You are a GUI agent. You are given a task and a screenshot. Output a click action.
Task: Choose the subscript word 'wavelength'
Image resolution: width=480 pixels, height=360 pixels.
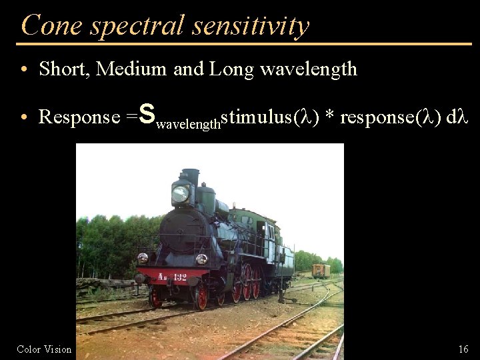coord(187,123)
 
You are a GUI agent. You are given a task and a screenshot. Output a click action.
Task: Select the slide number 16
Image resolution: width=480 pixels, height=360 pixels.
coord(463,349)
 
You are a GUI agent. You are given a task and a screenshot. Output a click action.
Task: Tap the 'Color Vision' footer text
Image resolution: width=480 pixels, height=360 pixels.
coord(44,349)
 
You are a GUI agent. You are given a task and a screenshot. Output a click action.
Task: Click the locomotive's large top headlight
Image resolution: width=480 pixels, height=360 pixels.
coord(180,194)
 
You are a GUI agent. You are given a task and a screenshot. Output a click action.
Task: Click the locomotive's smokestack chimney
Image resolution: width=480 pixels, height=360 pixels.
coord(190,176)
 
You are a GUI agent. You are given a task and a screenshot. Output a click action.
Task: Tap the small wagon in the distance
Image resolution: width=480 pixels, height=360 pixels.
coord(321,270)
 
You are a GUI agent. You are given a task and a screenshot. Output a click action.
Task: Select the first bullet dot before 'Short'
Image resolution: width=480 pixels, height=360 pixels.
coord(23,69)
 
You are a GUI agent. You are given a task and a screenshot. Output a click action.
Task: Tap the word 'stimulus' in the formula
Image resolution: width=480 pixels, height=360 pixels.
coord(255,117)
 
